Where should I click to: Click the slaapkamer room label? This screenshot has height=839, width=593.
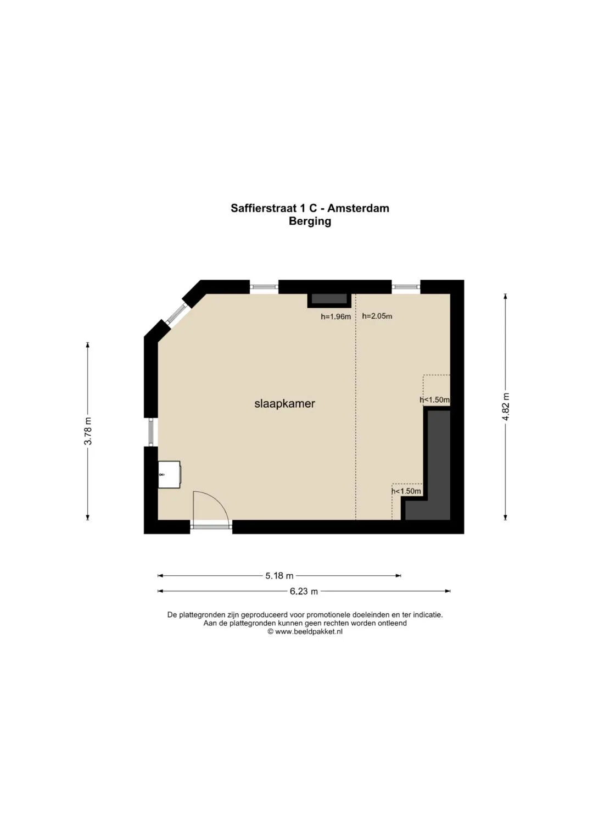tap(284, 404)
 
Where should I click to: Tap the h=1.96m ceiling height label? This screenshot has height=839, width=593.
tap(336, 316)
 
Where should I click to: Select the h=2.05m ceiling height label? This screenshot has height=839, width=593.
tap(377, 316)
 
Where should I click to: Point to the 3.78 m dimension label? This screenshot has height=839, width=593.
tap(88, 431)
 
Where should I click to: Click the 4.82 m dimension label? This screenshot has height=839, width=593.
tap(506, 407)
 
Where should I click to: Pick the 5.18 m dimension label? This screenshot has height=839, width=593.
tap(279, 575)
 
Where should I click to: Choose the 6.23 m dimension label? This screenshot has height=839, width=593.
tap(304, 591)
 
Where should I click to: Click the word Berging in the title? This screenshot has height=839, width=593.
tap(310, 221)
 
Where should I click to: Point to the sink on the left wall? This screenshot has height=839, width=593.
tap(169, 474)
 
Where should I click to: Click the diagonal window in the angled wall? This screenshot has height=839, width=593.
tap(177, 314)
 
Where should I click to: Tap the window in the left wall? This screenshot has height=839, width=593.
tap(151, 432)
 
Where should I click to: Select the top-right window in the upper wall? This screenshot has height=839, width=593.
tap(406, 287)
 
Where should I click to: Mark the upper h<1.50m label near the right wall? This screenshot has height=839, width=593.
tap(435, 400)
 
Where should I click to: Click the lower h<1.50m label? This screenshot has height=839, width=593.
tap(406, 491)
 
